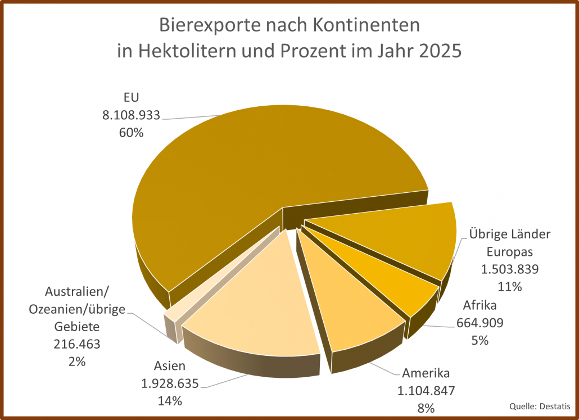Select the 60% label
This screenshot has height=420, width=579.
click(131, 133)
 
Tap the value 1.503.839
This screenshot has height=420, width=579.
click(510, 269)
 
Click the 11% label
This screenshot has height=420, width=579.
click(510, 286)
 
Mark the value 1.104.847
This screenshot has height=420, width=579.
click(426, 390)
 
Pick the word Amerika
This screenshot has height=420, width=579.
click(426, 373)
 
